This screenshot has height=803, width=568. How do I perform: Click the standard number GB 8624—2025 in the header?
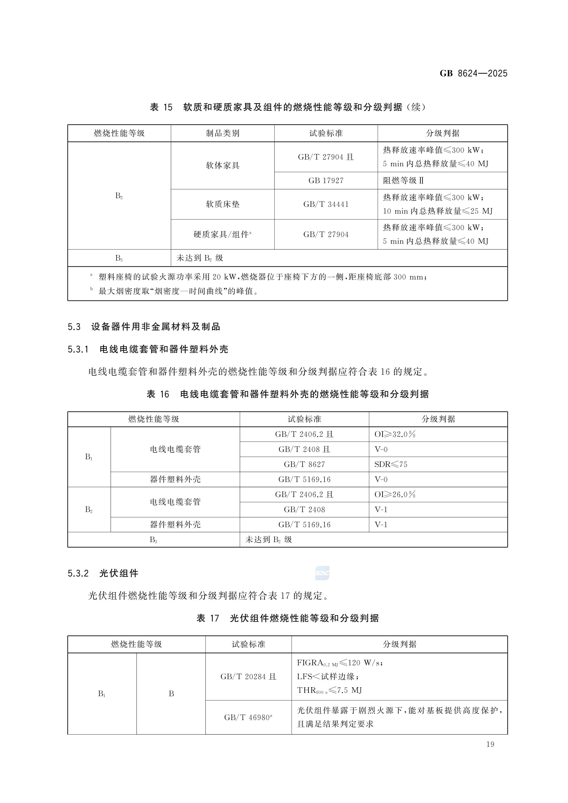click(473, 73)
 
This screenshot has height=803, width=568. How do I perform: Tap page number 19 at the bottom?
click(490, 744)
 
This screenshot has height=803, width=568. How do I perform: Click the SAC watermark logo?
click(322, 573)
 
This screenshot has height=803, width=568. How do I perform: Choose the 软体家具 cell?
click(223, 165)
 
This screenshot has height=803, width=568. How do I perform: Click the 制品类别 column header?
click(223, 133)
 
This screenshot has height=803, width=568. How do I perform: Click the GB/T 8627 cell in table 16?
click(304, 464)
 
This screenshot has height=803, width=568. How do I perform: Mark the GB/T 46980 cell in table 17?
click(248, 718)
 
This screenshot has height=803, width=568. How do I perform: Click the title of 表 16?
click(287, 394)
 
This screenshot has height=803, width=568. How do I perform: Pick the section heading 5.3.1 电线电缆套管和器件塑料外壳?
click(148, 349)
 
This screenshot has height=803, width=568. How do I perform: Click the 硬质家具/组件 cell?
click(223, 234)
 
